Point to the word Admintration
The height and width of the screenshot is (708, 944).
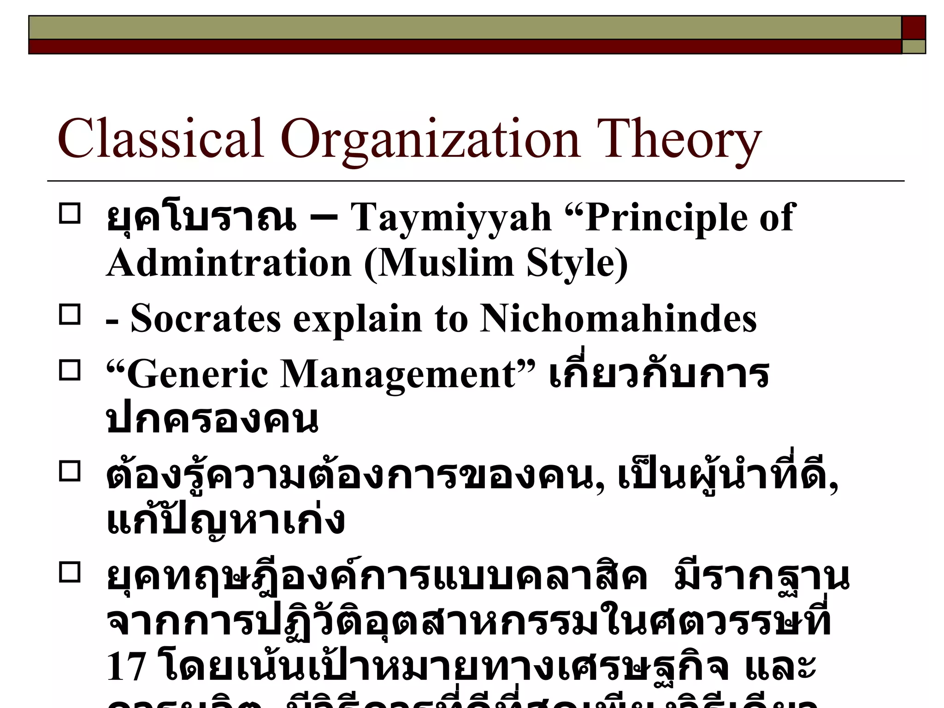[229, 263]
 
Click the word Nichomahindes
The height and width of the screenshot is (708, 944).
[618, 319]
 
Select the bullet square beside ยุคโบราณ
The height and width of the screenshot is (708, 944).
[70, 214]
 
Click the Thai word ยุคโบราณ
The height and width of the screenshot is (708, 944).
[201, 218]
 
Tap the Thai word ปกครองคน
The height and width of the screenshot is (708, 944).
[212, 420]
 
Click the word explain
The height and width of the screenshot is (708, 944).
[358, 319]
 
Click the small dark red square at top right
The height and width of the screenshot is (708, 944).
[913, 28]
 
